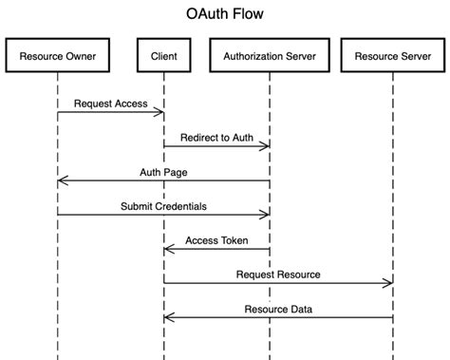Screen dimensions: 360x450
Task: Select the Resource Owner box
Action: (57, 57)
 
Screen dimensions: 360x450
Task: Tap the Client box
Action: (163, 57)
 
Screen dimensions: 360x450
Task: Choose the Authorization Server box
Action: (270, 57)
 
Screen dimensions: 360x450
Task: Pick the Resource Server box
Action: (391, 57)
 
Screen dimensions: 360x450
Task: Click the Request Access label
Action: (110, 104)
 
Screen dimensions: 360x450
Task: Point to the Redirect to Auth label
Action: (216, 138)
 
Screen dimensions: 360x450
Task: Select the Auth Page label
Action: (163, 172)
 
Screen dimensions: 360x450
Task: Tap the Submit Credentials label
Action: (163, 206)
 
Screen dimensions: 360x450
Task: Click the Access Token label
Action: (216, 240)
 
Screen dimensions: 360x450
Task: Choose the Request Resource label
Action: (278, 275)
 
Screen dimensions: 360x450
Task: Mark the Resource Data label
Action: (278, 309)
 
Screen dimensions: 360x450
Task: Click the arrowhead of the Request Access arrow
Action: (160, 113)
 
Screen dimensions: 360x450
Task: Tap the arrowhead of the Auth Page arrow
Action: (60, 181)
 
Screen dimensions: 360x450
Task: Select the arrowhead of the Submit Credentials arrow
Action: (267, 216)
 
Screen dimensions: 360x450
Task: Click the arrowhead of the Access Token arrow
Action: (166, 250)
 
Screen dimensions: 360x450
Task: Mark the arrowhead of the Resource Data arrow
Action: (166, 318)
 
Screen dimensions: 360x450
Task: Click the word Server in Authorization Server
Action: (298, 57)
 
